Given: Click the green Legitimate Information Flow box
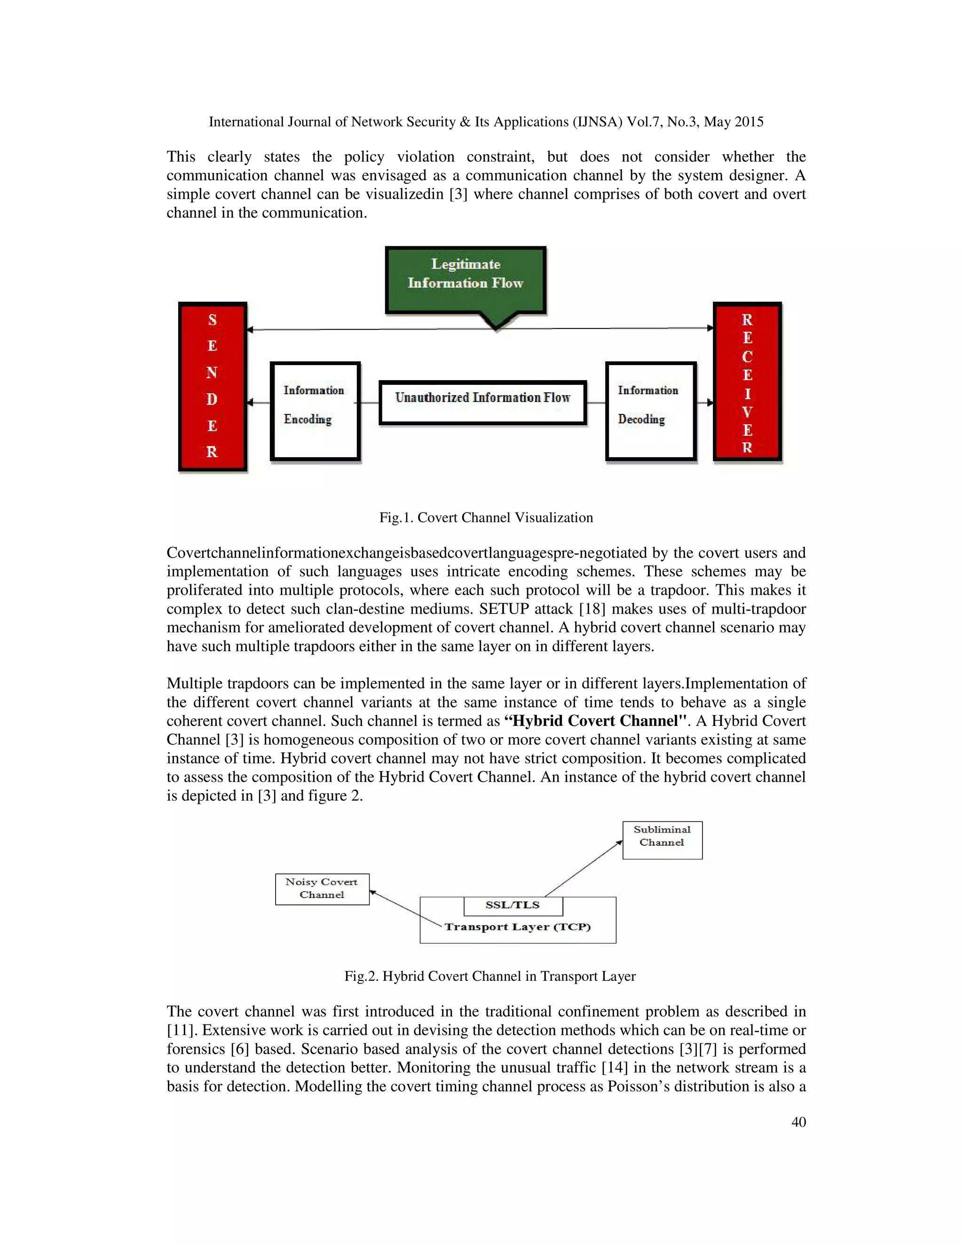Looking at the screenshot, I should pos(466,280).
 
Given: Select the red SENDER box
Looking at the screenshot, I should pos(212,387).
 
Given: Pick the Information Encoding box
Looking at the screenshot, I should pos(315,411).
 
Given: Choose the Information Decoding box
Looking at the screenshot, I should pos(650,411).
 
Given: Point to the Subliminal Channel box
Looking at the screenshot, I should pos(662,840).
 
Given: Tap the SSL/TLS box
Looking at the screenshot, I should pos(513,905).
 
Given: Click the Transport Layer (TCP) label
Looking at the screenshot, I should pos(517,927).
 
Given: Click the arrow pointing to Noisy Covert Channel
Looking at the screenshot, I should pos(405,908).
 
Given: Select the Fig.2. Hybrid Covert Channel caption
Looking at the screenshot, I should pos(489,976).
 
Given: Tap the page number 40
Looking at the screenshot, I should pos(798,1122).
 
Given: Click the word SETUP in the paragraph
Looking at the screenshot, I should pos(504,609).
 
